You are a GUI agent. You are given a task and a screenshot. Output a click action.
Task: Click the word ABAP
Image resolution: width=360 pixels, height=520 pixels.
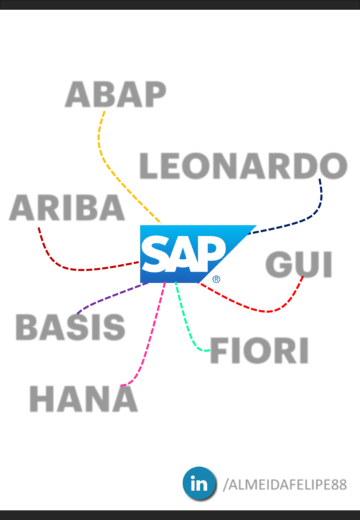coord(116,94)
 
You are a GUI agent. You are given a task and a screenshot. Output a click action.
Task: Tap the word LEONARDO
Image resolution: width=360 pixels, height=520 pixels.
coord(243,166)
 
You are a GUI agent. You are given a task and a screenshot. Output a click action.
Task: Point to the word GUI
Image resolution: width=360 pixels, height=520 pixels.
coord(299,264)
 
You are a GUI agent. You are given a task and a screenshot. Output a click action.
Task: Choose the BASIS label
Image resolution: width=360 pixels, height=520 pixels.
coord(70,327)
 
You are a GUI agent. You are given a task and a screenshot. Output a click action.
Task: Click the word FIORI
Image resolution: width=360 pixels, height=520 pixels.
coord(259,351)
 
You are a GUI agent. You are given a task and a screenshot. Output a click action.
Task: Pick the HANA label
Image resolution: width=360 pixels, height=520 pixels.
coord(84,399)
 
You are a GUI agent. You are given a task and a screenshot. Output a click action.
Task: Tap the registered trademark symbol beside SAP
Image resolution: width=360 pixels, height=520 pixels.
coord(216,279)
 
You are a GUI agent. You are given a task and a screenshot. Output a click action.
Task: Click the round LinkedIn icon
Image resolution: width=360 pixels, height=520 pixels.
coord(199,483)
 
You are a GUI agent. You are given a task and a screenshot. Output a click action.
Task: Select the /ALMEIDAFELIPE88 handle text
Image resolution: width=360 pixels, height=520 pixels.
coord(285,485)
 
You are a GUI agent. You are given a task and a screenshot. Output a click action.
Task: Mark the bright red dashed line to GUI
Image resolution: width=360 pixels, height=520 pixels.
coord(253,309)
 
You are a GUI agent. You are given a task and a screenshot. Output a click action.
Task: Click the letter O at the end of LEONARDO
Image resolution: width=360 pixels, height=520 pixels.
coord(333,166)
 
